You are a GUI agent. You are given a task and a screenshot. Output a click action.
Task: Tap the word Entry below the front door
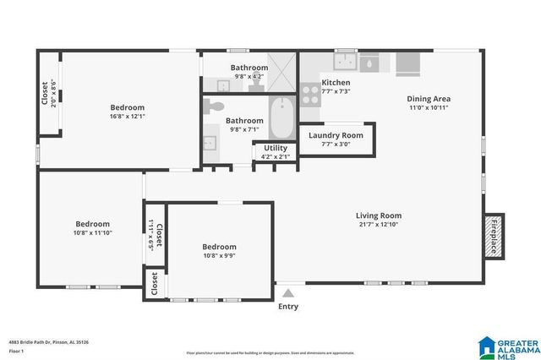(x=288, y=306)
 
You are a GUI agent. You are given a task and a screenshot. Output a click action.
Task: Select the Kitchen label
(x=336, y=82)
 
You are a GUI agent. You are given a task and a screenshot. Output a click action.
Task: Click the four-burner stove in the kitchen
(x=310, y=94)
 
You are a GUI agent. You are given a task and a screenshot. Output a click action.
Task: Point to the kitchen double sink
(x=346, y=62)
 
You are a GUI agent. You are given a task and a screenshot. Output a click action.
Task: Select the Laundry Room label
(x=336, y=135)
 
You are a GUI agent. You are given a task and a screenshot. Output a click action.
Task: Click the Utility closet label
(x=276, y=148)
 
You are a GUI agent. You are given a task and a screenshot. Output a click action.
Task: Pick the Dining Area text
(x=429, y=98)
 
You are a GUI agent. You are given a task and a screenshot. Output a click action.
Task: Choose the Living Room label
(x=378, y=215)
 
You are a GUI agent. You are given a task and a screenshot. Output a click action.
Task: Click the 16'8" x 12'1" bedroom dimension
(x=128, y=117)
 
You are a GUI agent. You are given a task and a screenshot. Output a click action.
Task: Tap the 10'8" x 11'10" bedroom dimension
(x=93, y=232)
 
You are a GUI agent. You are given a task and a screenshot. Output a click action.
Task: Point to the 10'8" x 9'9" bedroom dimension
(x=219, y=255)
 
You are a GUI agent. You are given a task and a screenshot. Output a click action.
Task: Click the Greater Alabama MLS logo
(x=507, y=345)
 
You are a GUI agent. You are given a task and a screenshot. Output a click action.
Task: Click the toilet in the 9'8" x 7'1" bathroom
(x=215, y=107)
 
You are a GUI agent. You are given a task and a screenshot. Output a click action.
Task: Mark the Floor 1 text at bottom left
(x=16, y=351)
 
